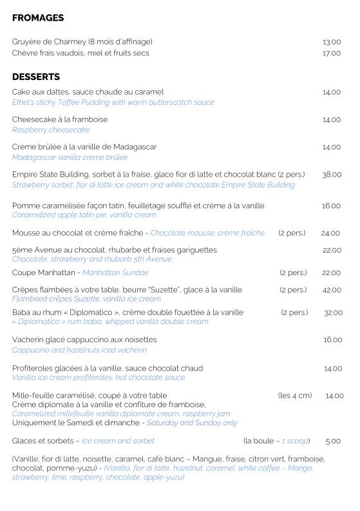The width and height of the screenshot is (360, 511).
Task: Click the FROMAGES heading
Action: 38,18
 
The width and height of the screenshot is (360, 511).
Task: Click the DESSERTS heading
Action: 36,77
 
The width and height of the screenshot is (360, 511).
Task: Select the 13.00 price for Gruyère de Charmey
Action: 332,42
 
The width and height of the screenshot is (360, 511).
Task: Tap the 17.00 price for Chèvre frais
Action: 332,53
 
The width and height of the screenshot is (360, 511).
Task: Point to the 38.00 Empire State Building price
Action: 332,175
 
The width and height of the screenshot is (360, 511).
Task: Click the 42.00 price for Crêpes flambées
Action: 332,290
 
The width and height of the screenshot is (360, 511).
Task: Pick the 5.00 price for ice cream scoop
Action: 333,441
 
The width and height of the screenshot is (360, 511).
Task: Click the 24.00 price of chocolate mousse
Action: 330,233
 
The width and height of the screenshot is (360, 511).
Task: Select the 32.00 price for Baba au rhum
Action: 333,313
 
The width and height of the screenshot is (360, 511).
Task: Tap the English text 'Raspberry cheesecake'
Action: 51,130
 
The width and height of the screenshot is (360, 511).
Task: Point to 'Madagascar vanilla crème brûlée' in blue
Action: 70,157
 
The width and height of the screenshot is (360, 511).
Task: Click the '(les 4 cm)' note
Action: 295,396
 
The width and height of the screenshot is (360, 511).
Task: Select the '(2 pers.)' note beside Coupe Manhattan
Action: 293,273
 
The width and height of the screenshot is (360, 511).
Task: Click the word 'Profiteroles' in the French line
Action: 32,369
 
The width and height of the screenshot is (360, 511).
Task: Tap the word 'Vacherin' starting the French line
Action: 27,340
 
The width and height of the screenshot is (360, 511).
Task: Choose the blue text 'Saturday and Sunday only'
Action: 192,423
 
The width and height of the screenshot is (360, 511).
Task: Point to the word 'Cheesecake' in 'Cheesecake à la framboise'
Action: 32,119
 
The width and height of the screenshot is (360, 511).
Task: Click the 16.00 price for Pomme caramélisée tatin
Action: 331,206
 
